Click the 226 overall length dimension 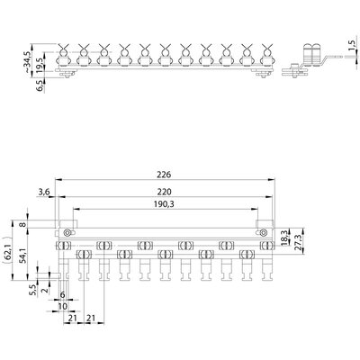click(x=164, y=175)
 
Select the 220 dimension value click(x=164, y=192)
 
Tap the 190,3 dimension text click(x=164, y=204)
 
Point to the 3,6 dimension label click(x=44, y=192)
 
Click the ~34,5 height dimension click(x=27, y=62)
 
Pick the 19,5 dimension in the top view click(x=40, y=64)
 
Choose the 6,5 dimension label click(x=40, y=85)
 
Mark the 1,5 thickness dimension click(x=352, y=45)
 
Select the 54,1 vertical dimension click(x=23, y=256)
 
